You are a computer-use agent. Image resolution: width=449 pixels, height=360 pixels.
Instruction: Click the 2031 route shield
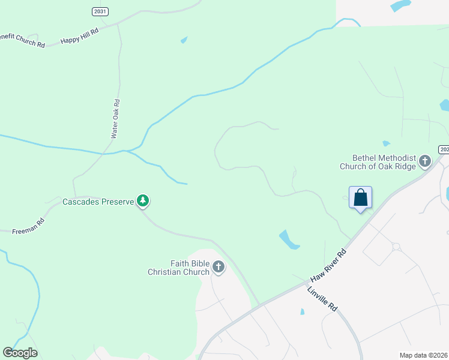point(100,11)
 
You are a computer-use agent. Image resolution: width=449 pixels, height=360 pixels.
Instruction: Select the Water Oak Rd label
point(116,119)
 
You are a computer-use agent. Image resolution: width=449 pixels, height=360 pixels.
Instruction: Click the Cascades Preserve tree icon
point(143,201)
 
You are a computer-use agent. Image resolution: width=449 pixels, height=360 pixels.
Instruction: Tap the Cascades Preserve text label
point(98,202)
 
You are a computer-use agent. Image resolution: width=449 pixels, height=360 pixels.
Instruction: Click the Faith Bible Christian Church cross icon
point(218,267)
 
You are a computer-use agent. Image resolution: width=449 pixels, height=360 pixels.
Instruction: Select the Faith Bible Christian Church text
point(179,268)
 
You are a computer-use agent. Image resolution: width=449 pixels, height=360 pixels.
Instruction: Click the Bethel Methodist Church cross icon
point(425,161)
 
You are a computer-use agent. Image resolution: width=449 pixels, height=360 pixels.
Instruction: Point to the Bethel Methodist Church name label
point(378,161)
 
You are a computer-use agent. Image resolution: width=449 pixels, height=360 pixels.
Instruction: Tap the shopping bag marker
point(360,198)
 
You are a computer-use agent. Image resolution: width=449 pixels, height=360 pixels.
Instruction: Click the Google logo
point(20,353)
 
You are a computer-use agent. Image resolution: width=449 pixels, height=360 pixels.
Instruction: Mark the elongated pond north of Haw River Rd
point(289,239)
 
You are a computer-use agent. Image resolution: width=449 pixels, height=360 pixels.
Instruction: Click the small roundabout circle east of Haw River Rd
point(396,246)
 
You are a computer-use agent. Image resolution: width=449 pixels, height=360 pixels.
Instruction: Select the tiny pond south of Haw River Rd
point(302,312)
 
